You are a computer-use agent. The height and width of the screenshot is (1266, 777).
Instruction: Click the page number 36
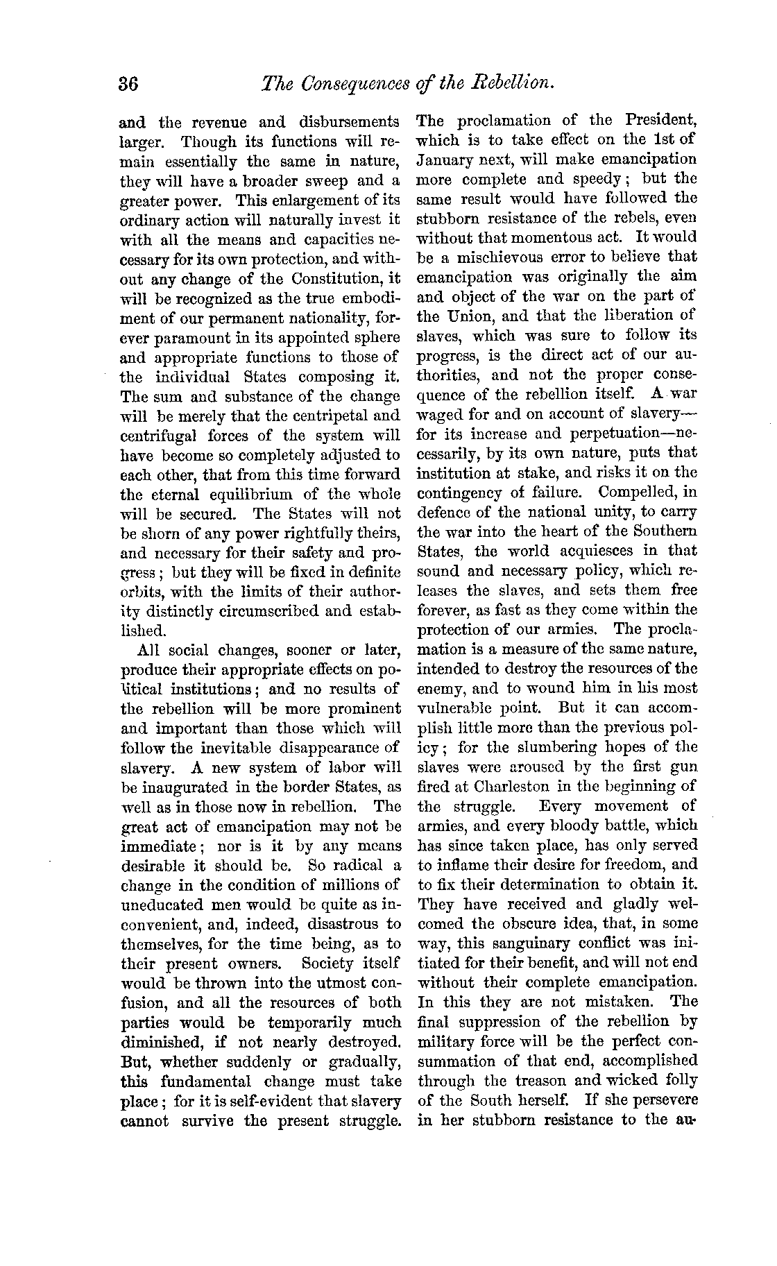coord(129,85)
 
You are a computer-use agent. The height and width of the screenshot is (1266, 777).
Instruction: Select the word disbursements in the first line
coord(351,123)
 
